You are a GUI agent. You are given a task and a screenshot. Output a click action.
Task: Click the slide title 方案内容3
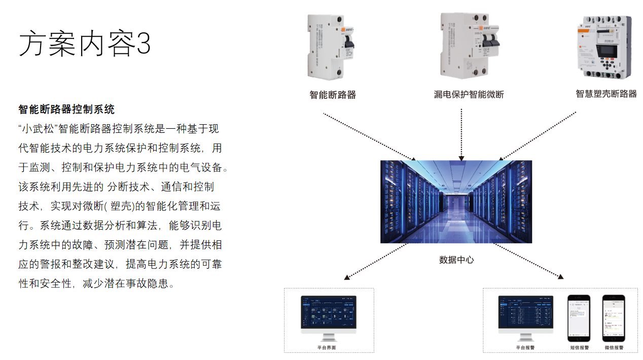85,44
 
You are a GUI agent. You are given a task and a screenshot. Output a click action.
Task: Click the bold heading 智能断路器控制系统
66,110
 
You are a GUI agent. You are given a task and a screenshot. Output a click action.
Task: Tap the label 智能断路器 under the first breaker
333,95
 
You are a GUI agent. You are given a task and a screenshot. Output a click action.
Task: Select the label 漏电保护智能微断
469,95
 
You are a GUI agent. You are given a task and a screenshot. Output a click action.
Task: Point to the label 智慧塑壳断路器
606,94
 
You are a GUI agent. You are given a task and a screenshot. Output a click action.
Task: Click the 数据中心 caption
456,260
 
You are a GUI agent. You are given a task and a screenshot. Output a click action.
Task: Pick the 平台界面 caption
327,348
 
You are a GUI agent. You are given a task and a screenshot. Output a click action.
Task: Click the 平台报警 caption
525,348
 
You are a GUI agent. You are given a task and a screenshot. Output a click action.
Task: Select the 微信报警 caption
614,348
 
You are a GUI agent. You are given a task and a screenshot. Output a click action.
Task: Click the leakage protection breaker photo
469,46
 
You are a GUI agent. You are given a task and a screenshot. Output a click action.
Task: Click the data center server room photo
456,201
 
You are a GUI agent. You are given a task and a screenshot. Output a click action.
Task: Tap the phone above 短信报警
579,318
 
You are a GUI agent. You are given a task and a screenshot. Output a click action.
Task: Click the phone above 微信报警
614,318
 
